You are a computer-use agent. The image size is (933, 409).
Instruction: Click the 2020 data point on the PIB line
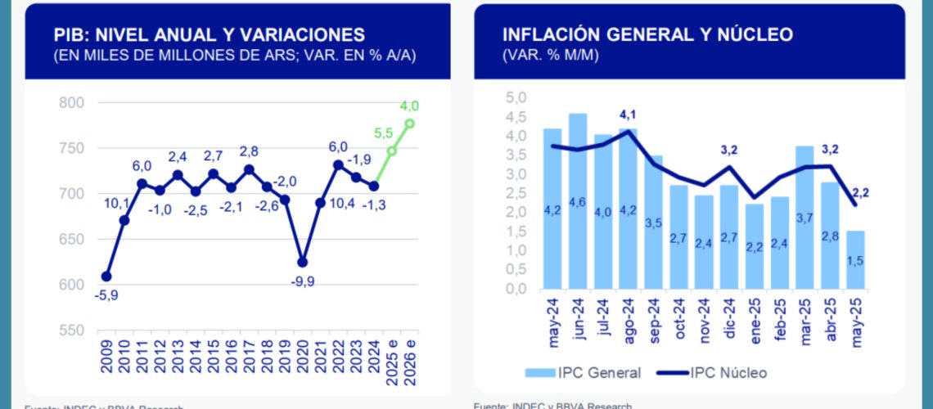[303, 263]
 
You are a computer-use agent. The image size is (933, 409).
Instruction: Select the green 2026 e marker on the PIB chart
[410, 124]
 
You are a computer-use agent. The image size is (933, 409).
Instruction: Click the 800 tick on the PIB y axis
[72, 103]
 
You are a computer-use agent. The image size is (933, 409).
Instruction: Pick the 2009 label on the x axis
[106, 354]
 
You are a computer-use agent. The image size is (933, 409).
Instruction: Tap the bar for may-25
[855, 259]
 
